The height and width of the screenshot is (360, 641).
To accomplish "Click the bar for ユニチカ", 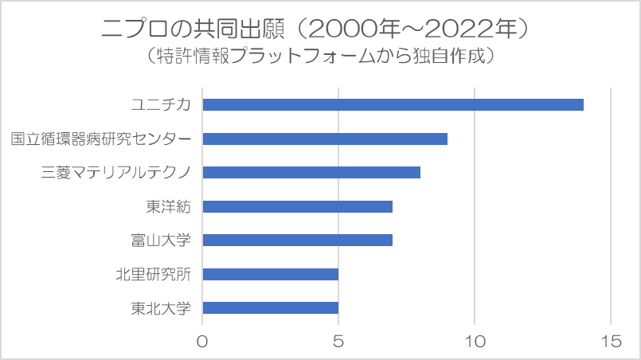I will (x=393, y=105).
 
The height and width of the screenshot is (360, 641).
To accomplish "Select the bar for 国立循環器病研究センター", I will (x=325, y=139).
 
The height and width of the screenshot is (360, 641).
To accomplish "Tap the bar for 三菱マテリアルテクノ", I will (x=311, y=172).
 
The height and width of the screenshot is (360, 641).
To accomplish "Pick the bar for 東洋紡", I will (x=298, y=206).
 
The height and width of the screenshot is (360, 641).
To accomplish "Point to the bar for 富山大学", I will (x=298, y=240).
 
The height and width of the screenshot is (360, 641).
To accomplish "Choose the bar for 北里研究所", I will (x=271, y=274).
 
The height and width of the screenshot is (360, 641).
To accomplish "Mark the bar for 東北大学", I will (x=271, y=307).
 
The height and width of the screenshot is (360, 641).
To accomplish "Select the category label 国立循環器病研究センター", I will (x=101, y=139).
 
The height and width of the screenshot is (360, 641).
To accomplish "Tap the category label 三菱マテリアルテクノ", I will (x=116, y=172).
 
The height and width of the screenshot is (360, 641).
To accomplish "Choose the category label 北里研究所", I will (x=154, y=274).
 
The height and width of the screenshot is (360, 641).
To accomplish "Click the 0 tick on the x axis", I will (x=203, y=340).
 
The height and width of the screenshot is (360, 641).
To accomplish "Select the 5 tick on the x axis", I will (x=338, y=340).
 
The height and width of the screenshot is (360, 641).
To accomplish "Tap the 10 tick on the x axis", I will (x=475, y=340).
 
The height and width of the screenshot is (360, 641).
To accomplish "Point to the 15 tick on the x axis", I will (x=610, y=340).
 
